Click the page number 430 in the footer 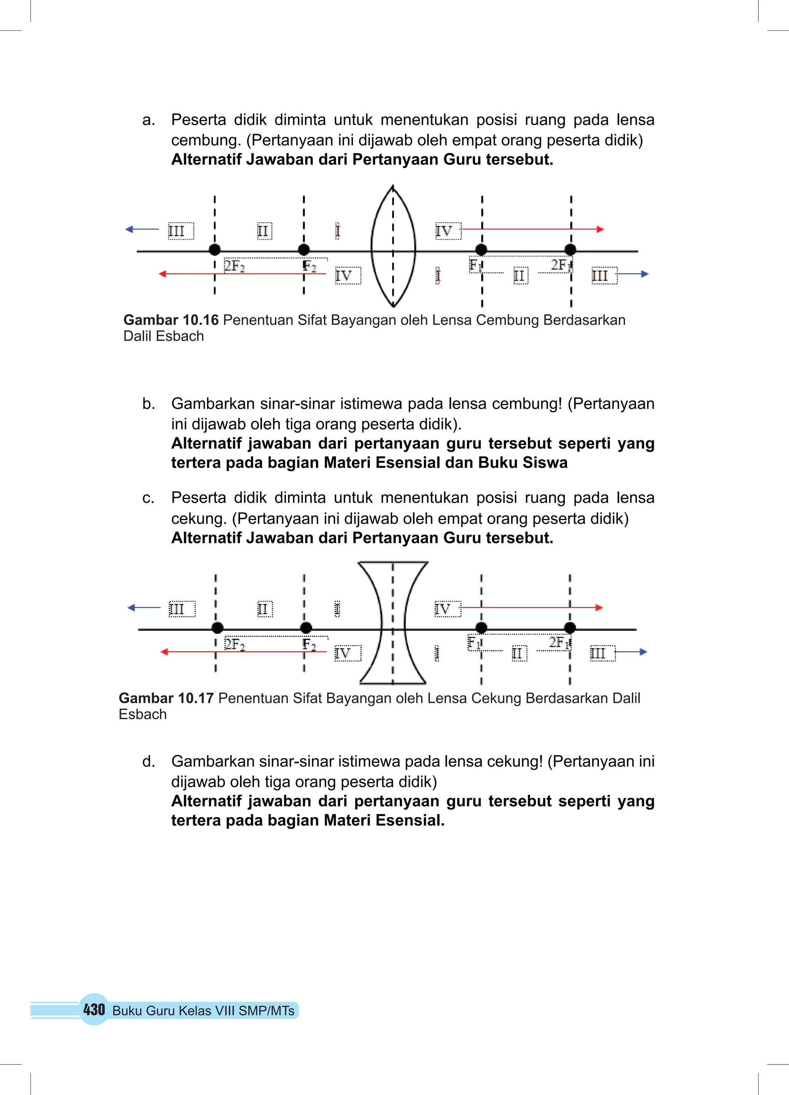pos(94,1009)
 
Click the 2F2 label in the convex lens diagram pos(235,266)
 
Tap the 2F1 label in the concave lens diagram pos(559,643)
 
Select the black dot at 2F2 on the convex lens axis pos(215,250)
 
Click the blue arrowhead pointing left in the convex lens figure pos(129,229)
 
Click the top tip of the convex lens pos(393,186)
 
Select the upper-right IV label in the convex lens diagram pos(444,231)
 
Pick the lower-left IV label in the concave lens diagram pos(343,653)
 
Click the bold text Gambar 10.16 pos(171,320)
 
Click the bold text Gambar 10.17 pos(166,698)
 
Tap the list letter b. pos(148,404)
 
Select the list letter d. pos(148,761)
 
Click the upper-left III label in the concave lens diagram pos(177,609)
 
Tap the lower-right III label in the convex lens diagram pos(600,276)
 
